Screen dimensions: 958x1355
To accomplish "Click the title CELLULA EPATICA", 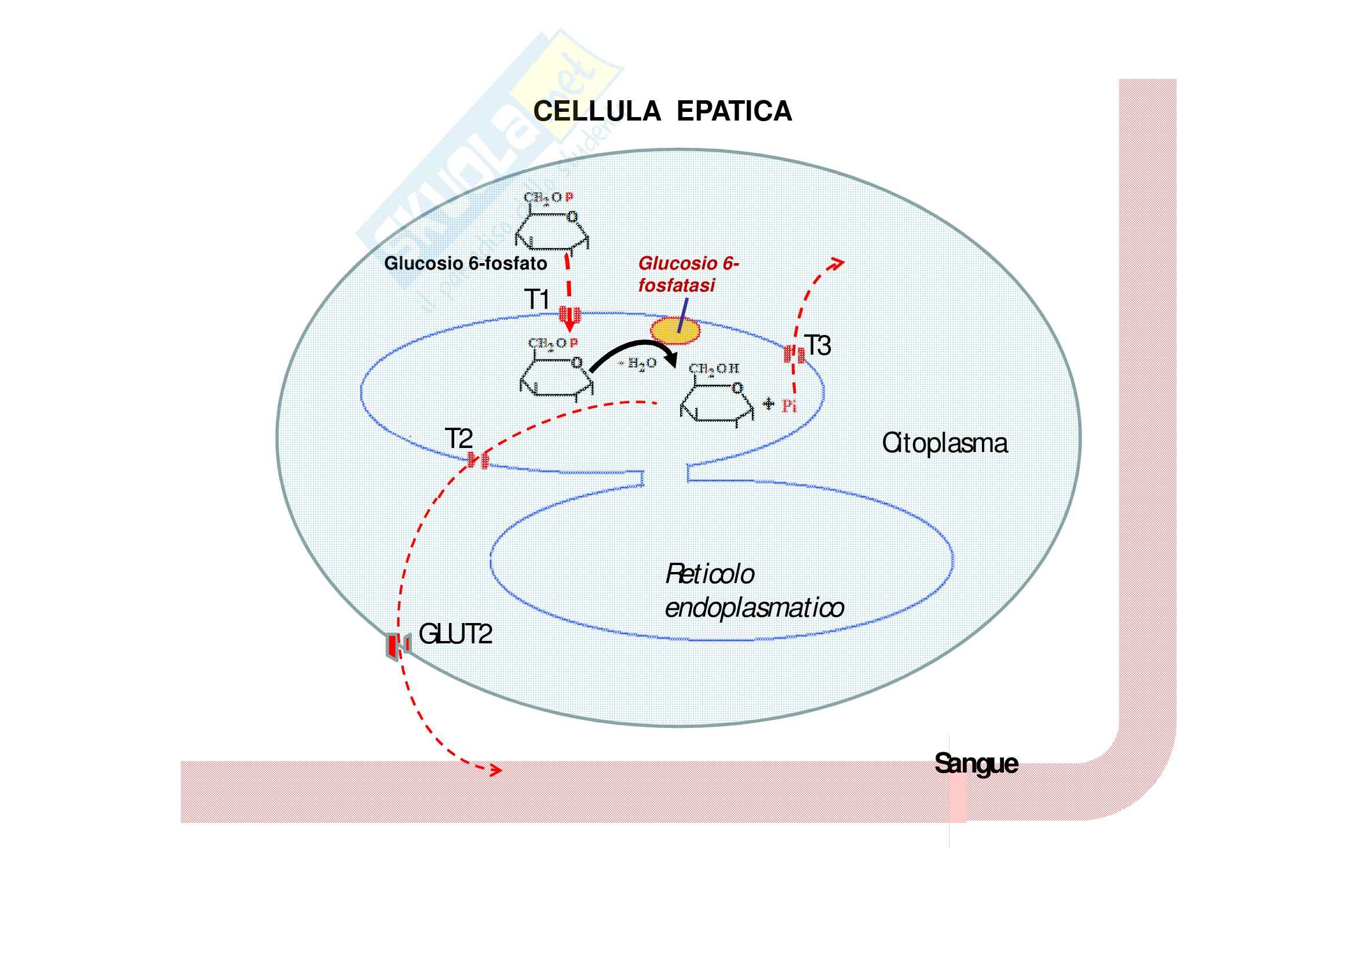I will tap(662, 111).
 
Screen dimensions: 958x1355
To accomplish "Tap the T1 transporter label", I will tap(537, 300).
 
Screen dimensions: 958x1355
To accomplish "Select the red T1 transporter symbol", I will tap(569, 314).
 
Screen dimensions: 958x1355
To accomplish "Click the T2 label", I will tap(459, 439).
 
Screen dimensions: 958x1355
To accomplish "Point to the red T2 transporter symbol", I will tap(478, 460).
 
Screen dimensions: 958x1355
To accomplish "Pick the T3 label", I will tap(818, 346).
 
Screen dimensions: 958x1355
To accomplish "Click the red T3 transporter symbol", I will tap(794, 354).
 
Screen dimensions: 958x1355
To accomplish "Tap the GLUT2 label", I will tap(455, 635).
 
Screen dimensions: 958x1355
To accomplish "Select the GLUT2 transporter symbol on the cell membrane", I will tap(397, 644).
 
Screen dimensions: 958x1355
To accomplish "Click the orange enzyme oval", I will tap(675, 330).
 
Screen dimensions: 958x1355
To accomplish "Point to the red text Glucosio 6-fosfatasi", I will tap(688, 275).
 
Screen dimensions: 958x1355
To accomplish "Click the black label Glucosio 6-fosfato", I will tap(466, 263).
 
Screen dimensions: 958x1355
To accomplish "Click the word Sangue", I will tap(976, 764).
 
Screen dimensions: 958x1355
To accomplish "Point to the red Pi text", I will tap(789, 406).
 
